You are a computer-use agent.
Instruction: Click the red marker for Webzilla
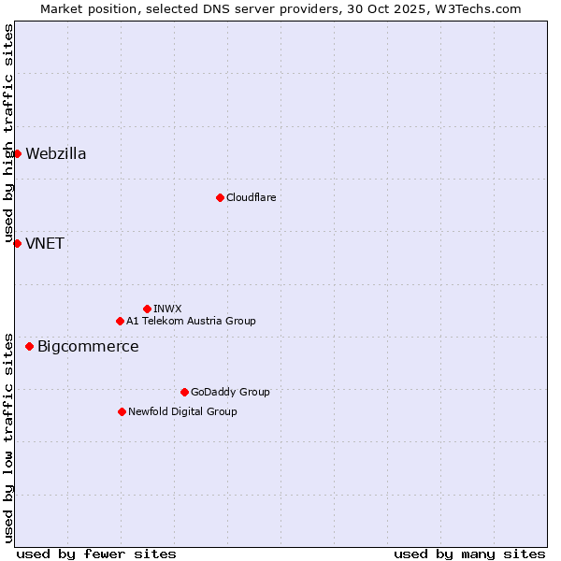17,153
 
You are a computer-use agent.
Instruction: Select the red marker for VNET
17,243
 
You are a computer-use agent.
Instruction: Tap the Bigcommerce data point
29,346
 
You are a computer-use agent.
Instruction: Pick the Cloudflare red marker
220,197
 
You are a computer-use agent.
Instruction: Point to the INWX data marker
147,309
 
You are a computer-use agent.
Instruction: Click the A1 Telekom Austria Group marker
120,321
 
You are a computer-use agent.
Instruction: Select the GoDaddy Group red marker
184,392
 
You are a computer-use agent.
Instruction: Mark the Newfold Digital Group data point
122,411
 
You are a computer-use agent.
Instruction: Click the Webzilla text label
56,154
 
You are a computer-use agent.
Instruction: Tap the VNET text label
45,244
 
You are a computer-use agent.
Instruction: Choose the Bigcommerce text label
88,347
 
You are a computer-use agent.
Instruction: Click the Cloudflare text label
251,197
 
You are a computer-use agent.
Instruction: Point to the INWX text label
167,309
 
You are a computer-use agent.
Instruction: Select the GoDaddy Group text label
230,392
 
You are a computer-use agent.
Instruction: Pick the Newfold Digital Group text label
182,411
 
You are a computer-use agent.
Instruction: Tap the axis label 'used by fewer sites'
96,554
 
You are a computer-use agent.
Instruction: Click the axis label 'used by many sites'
469,554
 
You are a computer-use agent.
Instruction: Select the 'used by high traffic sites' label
8,134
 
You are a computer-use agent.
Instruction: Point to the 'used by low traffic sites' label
8,437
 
